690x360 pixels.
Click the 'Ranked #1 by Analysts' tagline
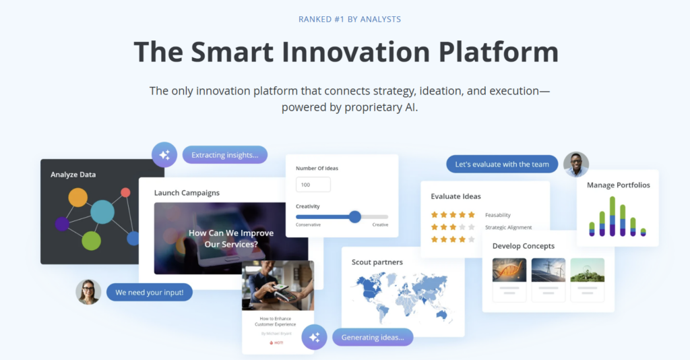[350, 19]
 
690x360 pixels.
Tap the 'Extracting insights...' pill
[224, 155]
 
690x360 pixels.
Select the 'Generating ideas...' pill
[373, 337]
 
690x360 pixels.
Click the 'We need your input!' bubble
[150, 292]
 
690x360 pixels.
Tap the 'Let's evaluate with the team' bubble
[502, 164]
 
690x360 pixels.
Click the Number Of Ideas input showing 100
[313, 185]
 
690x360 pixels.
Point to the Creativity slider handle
[355, 216]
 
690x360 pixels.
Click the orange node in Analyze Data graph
[78, 198]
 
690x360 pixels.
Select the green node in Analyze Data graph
[91, 241]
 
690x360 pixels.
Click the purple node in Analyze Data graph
[62, 224]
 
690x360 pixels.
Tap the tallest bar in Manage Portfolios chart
[613, 216]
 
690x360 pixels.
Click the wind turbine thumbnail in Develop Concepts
[548, 270]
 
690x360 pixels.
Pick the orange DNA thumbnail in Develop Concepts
[509, 270]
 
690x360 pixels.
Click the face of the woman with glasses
[88, 291]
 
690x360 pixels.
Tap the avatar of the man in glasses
[576, 164]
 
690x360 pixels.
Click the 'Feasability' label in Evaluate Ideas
[498, 215]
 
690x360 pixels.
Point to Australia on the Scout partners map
[442, 315]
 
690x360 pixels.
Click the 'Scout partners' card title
[377, 262]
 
